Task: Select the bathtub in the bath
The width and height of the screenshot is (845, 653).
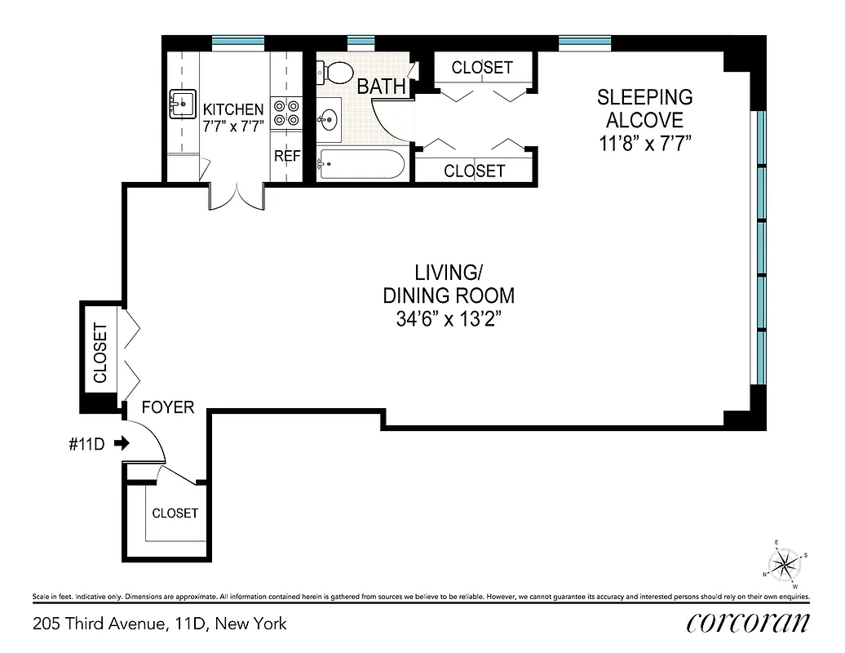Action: pyautogui.click(x=360, y=166)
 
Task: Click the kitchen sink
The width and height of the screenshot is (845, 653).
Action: pyautogui.click(x=181, y=104)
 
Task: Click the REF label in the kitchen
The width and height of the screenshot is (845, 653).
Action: pyautogui.click(x=287, y=155)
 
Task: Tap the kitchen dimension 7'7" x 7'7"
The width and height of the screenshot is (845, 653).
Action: pyautogui.click(x=233, y=127)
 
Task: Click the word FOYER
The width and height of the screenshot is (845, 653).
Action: pyautogui.click(x=168, y=406)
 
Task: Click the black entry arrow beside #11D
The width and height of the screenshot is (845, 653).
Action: pyautogui.click(x=122, y=443)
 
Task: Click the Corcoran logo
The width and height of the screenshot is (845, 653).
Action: pyautogui.click(x=748, y=623)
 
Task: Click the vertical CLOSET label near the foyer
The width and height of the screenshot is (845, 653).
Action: pyautogui.click(x=100, y=353)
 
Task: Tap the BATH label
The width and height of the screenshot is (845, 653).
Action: pyautogui.click(x=381, y=87)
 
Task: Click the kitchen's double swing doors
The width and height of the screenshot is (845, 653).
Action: pyautogui.click(x=237, y=196)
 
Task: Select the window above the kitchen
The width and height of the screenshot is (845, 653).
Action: pyautogui.click(x=238, y=42)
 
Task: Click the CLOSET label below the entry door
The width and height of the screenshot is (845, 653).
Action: pyautogui.click(x=175, y=513)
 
